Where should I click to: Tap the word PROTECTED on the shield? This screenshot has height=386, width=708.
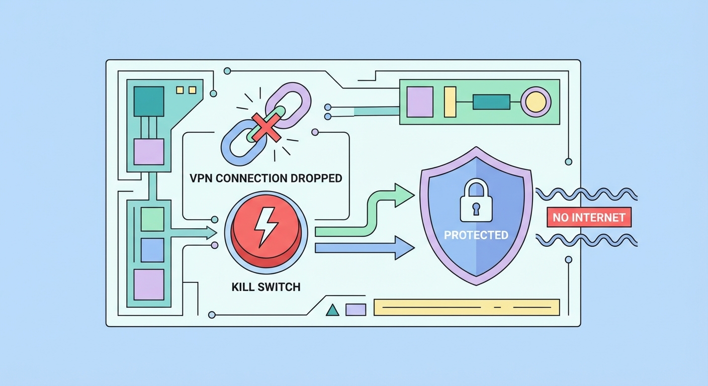tap(476, 235)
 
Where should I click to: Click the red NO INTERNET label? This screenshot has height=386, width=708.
tap(588, 218)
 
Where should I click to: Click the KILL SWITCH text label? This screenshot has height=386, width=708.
tap(265, 287)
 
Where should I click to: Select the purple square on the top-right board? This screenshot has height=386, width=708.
tap(419, 102)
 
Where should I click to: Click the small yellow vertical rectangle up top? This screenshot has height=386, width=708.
tap(450, 102)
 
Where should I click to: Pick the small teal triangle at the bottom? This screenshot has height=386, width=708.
tap(332, 310)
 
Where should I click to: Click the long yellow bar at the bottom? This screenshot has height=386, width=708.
tap(466, 307)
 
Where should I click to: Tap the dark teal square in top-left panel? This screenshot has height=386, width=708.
tap(148, 102)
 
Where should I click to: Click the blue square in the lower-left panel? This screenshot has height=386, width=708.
tap(152, 250)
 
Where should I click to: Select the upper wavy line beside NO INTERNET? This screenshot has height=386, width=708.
tap(586, 194)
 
